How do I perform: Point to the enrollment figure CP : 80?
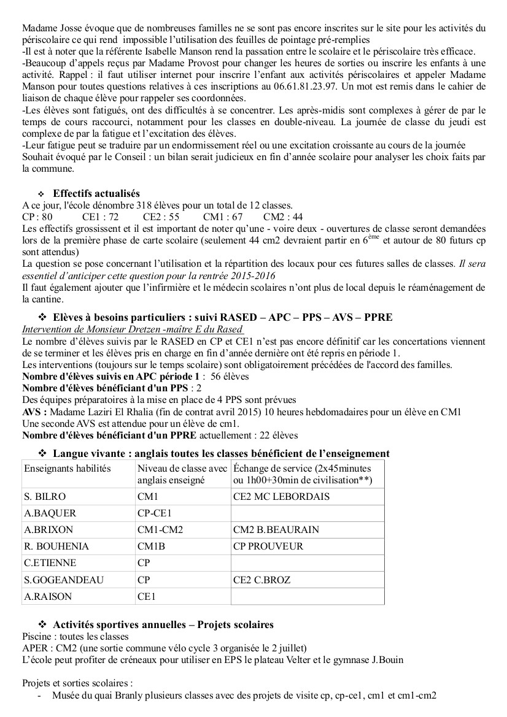point(37,217)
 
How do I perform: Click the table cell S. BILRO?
point(45,496)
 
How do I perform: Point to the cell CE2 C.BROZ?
point(262,579)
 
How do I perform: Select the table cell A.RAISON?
point(48,596)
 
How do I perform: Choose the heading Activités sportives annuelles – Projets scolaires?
point(163,624)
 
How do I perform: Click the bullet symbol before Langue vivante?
point(43,453)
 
